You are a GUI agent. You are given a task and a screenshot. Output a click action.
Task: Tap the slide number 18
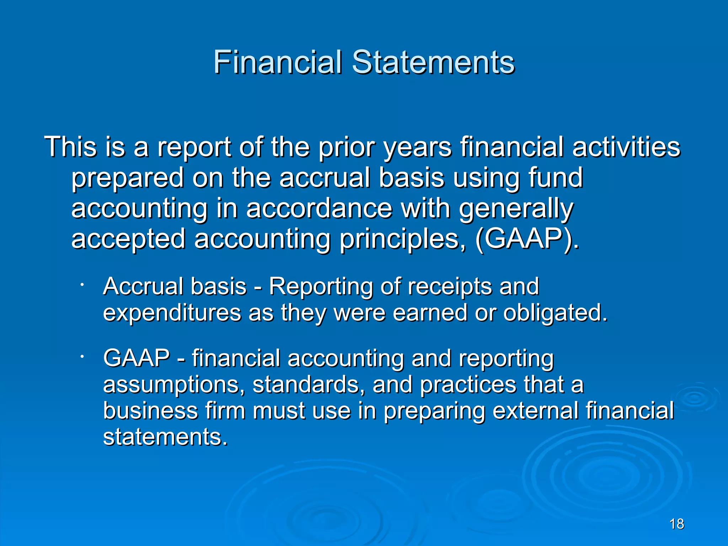676,524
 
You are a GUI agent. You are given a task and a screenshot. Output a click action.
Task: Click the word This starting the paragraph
70,146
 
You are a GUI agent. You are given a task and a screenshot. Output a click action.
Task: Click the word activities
626,146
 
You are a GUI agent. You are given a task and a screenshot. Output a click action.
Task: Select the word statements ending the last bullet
164,437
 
